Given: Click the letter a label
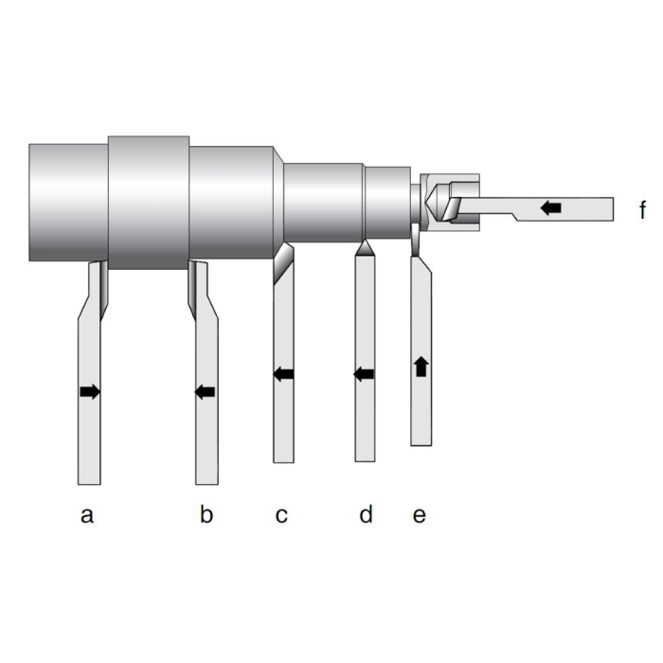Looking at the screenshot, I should click(87, 515).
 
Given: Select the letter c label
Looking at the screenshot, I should click(281, 515).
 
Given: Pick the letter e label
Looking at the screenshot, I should click(420, 515).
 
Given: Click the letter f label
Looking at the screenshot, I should click(643, 209).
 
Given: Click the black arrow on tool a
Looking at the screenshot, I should click(90, 391).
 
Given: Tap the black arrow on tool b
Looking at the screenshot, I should click(205, 391).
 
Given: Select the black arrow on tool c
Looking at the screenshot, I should click(283, 373).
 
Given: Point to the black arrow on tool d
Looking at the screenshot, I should click(364, 374).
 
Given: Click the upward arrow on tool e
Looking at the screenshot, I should click(421, 366).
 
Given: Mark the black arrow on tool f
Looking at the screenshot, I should click(550, 206).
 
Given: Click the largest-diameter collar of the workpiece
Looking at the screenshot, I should click(149, 202).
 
